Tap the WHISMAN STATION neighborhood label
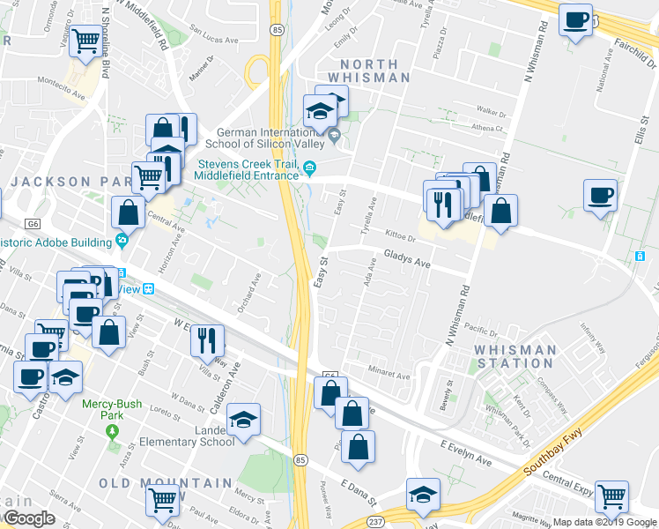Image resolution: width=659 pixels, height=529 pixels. point(515,356)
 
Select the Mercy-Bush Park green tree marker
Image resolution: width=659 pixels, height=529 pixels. point(111,431)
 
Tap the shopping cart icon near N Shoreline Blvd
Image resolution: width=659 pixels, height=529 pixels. point(85,41)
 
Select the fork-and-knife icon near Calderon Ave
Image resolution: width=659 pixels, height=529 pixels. point(207,339)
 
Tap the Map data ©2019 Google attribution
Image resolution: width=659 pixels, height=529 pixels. point(604,522)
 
